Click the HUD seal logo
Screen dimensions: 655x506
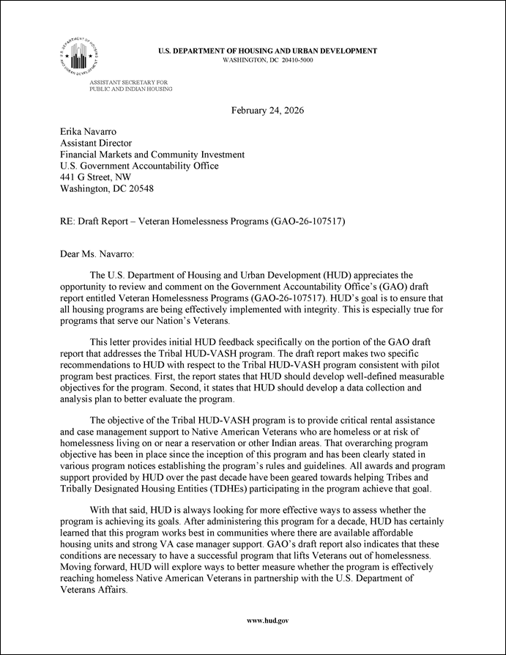(x=78, y=56)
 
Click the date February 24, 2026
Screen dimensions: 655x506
(x=267, y=111)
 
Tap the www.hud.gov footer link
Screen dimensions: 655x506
(x=267, y=621)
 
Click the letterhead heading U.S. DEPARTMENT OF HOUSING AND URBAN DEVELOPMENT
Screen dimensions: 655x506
(x=268, y=51)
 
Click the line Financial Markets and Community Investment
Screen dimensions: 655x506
(x=152, y=155)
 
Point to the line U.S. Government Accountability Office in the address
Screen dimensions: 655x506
(x=139, y=166)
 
